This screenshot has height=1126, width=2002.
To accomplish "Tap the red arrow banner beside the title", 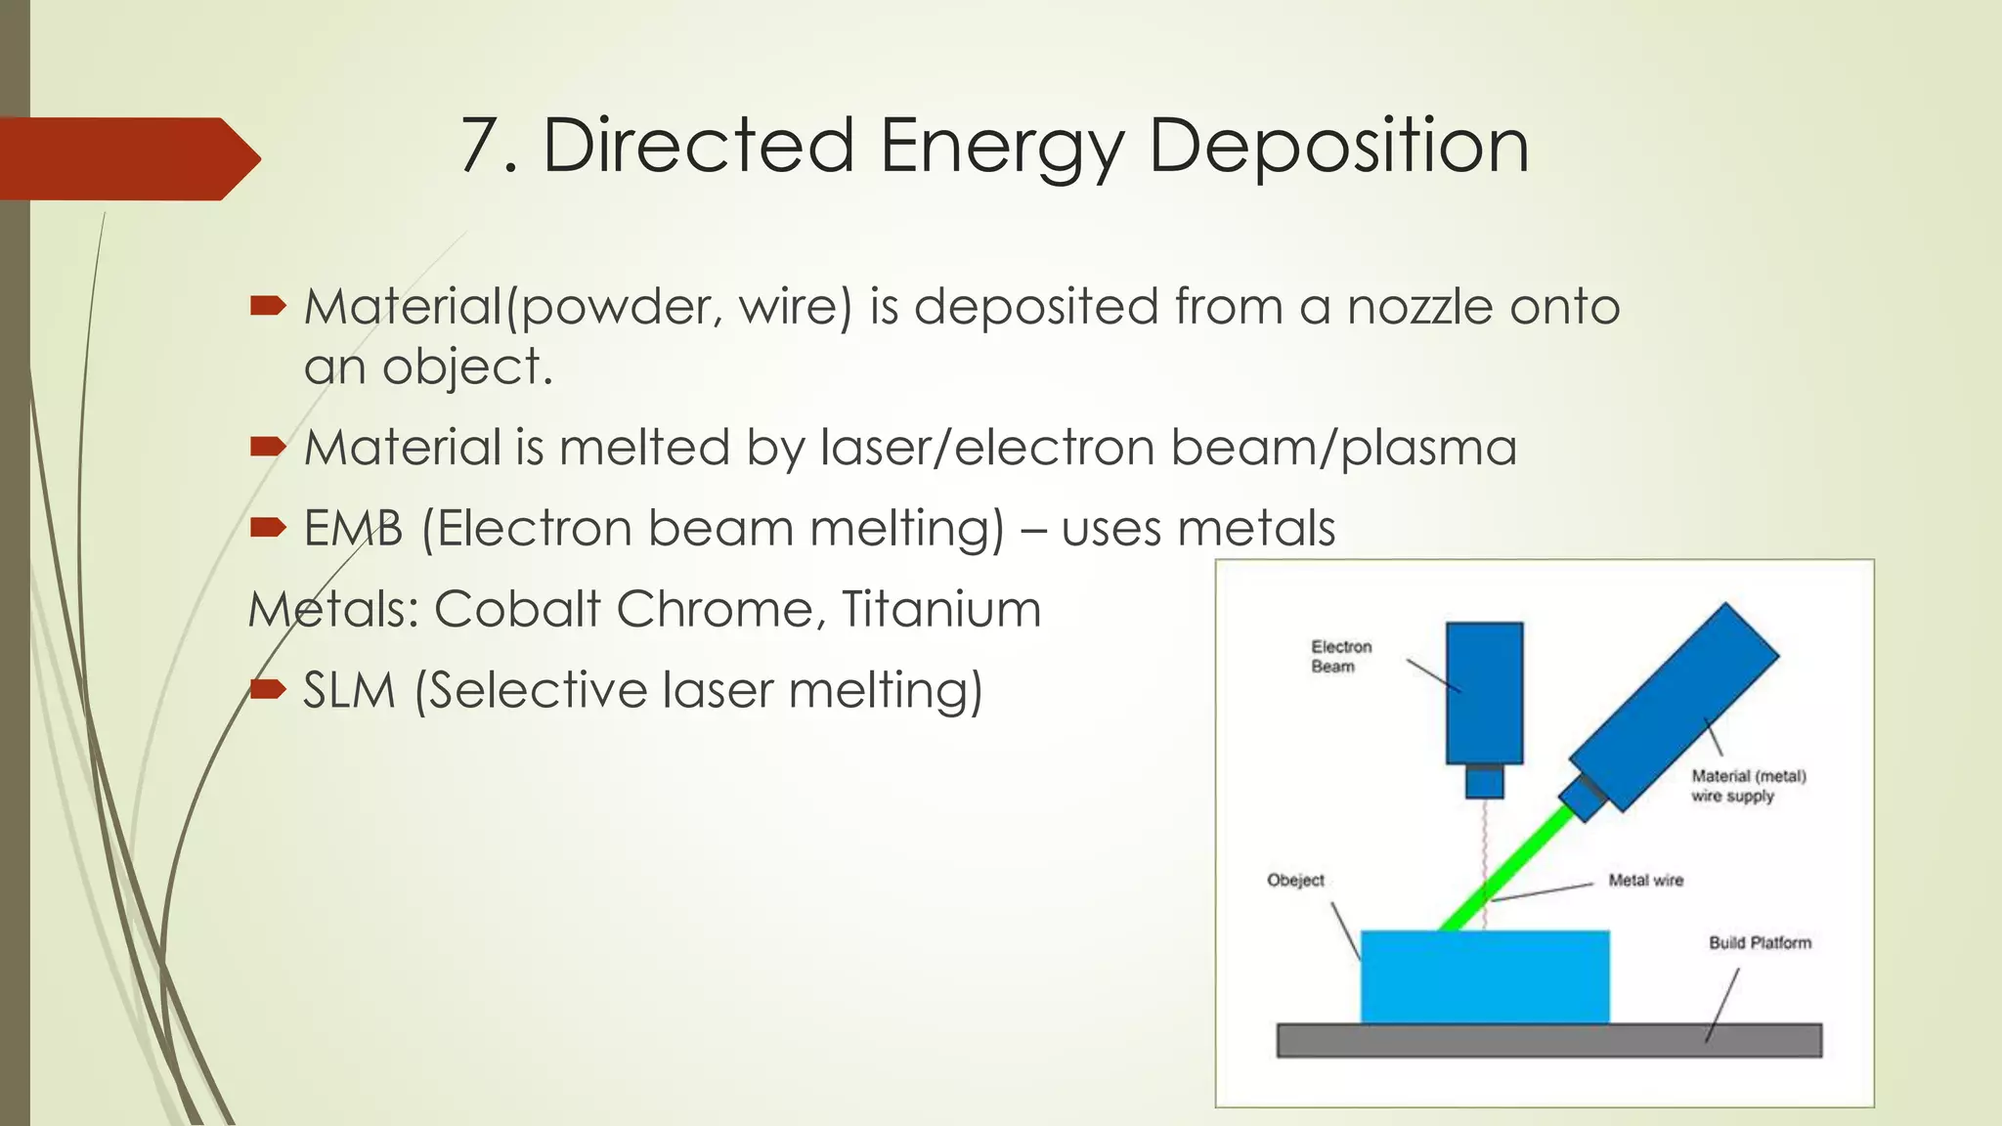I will pyautogui.click(x=127, y=158).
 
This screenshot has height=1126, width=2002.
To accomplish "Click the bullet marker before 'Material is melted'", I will pyautogui.click(x=267, y=448).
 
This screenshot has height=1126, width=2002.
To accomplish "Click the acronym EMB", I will pyautogui.click(x=353, y=529).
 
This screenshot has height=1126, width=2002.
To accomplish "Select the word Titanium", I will pyautogui.click(x=941, y=610).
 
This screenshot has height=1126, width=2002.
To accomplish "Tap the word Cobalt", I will pyautogui.click(x=516, y=610).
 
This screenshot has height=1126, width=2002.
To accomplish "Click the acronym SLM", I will pyautogui.click(x=349, y=690).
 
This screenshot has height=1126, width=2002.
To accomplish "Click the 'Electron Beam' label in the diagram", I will pyautogui.click(x=1340, y=657).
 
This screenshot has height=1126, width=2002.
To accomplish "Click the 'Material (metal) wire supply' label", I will pyautogui.click(x=1748, y=786).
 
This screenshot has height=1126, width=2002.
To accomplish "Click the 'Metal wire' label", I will pyautogui.click(x=1646, y=881).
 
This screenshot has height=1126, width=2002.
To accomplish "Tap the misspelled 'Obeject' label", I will pyautogui.click(x=1295, y=881).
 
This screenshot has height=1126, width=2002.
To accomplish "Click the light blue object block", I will pyautogui.click(x=1484, y=976).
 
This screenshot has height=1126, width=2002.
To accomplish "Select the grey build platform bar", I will pyautogui.click(x=1548, y=1041).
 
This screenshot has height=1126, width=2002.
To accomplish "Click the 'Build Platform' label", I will pyautogui.click(x=1760, y=943).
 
